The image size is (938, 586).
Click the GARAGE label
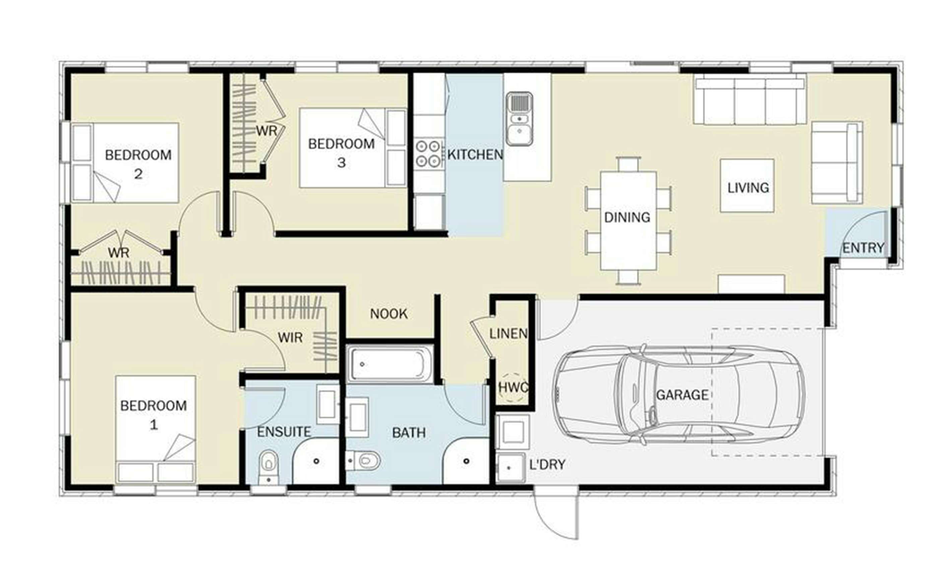click(x=682, y=395)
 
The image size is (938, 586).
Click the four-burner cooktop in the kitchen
click(x=428, y=153)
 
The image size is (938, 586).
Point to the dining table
click(x=628, y=221)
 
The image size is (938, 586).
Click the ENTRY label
click(x=863, y=248)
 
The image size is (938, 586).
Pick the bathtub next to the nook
click(x=390, y=364)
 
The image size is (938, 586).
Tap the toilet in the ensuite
click(x=269, y=467)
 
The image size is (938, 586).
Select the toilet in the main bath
click(x=363, y=461)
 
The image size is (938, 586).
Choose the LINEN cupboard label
click(x=508, y=334)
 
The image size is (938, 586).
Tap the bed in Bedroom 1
click(x=155, y=429)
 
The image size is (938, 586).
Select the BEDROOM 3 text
click(x=341, y=153)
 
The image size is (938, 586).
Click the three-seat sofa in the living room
click(x=750, y=101)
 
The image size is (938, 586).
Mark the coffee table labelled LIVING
click(x=747, y=186)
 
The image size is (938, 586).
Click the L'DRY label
click(x=547, y=464)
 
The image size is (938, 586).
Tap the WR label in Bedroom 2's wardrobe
click(x=119, y=253)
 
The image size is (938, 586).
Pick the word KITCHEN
click(x=475, y=155)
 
